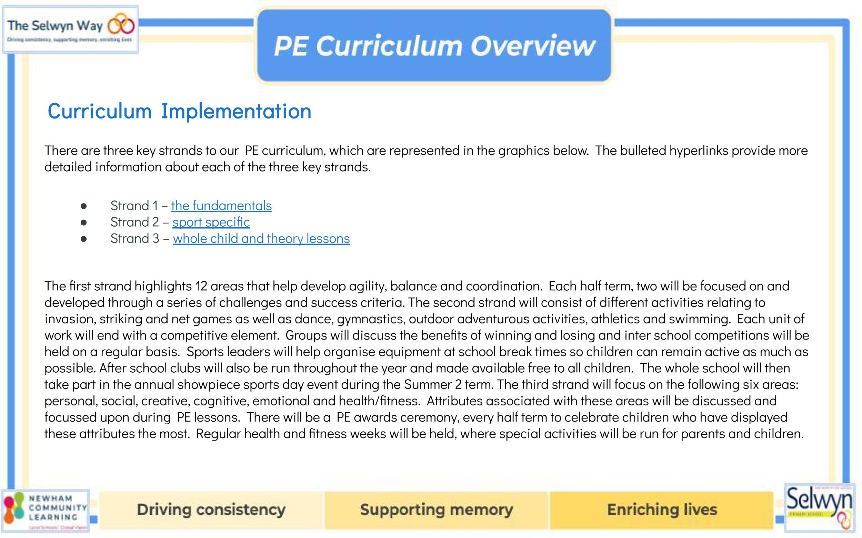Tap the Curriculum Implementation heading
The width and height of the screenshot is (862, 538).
pos(180,111)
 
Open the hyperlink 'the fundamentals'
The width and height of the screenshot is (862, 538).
pos(221,206)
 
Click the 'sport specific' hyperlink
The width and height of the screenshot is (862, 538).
pos(211,222)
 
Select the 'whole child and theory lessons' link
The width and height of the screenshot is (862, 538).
pos(261,238)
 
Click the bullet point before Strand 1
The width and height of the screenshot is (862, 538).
pos(84,206)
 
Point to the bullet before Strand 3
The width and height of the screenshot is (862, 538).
pos(84,239)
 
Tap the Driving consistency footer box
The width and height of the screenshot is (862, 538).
pos(211,509)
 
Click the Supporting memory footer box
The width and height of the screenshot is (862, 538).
pos(436,509)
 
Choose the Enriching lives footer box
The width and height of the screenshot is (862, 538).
pos(662,509)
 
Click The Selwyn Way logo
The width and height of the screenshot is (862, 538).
pos(70,30)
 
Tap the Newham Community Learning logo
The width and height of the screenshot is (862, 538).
pos(45,511)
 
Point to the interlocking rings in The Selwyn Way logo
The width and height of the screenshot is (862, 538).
pos(121,25)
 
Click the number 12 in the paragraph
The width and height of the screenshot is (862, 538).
pos(201,286)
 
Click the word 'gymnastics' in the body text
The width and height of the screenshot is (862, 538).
pos(371,319)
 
